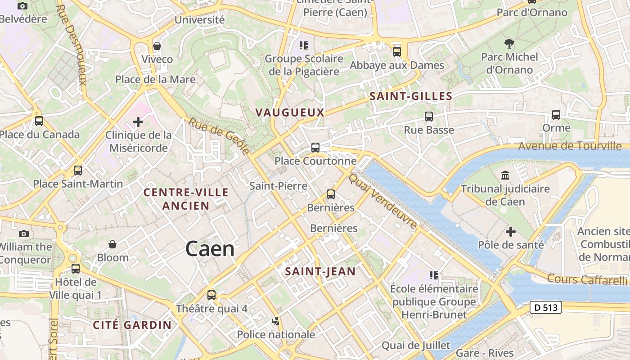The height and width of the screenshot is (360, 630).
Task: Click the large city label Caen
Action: pos(210,249)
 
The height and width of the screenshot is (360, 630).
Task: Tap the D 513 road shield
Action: pos(546,308)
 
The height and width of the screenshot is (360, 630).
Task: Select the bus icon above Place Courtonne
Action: pos(315,148)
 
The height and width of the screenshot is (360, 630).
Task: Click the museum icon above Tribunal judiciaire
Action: pos(505,175)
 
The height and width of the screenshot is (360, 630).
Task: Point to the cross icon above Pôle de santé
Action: pos(511,232)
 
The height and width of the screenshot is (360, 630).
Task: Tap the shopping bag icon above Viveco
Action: pos(157,46)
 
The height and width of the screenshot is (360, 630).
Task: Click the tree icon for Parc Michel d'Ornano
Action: pos(509,44)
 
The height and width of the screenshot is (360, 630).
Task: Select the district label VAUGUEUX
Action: pos(290,112)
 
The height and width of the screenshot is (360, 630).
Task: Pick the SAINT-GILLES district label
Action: pos(411,96)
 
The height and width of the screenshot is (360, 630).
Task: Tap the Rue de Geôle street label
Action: pos(219,136)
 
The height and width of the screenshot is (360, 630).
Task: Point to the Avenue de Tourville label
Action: pos(570,146)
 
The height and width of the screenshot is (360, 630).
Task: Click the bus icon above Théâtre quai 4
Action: pos(211,295)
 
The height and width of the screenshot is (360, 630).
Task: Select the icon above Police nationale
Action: pos(276,321)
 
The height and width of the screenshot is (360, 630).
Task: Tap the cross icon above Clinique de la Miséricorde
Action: pos(138,122)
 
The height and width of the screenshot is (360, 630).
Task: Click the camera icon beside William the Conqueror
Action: pos(24,234)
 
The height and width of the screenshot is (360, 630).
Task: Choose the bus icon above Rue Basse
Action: pos(429,117)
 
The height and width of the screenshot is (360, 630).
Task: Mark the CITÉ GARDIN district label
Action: pos(132,325)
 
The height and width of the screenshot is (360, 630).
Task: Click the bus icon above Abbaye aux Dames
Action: pos(396,52)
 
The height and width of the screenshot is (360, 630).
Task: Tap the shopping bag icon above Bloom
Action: pos(112,244)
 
